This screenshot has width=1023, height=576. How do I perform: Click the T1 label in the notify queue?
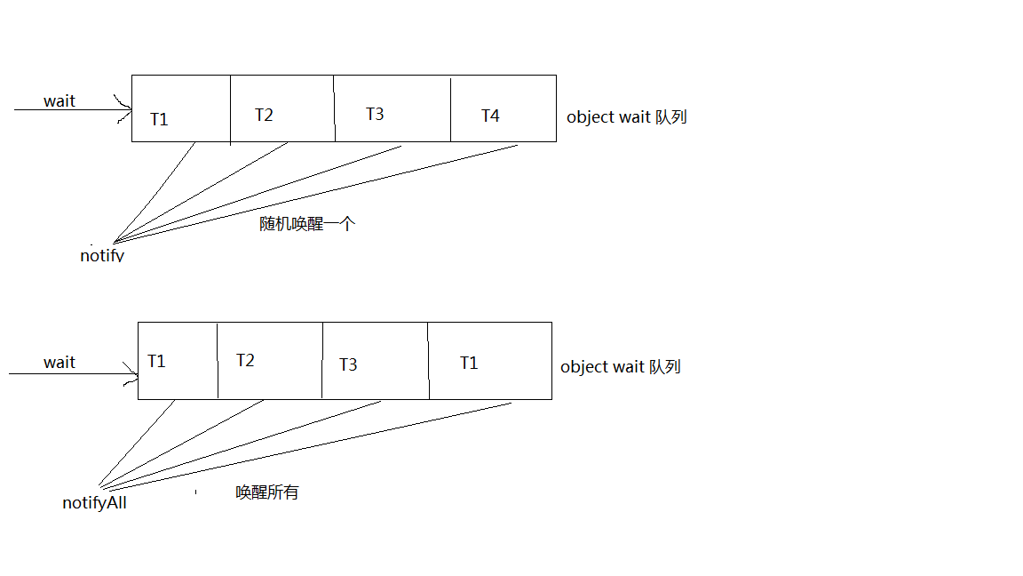(x=159, y=119)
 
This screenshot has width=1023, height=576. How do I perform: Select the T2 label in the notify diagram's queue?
(x=264, y=115)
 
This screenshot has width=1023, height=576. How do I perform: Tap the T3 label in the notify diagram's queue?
(x=375, y=114)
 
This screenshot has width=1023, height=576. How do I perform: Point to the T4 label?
(x=490, y=116)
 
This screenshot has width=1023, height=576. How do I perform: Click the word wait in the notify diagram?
(x=59, y=101)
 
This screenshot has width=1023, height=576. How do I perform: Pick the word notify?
(x=102, y=256)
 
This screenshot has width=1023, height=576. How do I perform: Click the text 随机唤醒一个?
(x=307, y=224)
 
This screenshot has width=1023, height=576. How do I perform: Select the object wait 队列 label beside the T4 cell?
(x=626, y=116)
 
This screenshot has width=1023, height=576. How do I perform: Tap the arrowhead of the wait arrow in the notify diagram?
(x=126, y=110)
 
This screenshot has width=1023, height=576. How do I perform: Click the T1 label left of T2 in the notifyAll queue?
(x=156, y=361)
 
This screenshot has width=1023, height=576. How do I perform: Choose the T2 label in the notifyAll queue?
(x=245, y=360)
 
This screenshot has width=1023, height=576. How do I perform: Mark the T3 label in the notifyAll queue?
(x=348, y=364)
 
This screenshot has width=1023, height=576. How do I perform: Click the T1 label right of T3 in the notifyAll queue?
(x=469, y=363)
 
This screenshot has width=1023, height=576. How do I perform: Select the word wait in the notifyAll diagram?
(x=59, y=363)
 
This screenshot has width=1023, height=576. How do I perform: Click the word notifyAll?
(x=94, y=503)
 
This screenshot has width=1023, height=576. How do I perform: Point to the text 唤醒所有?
(x=267, y=492)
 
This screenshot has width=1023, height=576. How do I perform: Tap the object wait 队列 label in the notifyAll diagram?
(x=620, y=366)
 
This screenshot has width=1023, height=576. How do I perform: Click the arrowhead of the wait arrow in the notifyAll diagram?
(x=133, y=374)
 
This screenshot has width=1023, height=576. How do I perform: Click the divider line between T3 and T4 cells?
(x=450, y=109)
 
